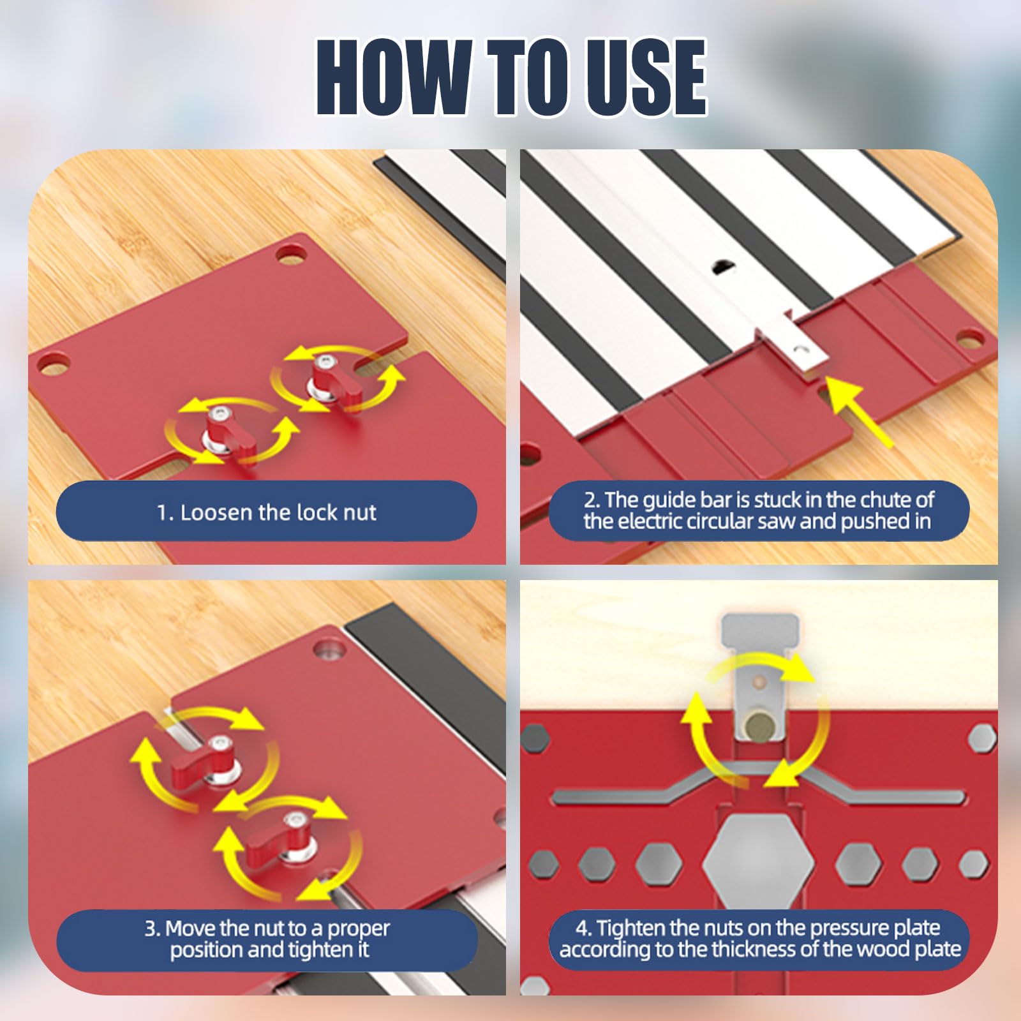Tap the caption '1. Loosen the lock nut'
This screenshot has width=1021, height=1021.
pyautogui.click(x=267, y=512)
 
